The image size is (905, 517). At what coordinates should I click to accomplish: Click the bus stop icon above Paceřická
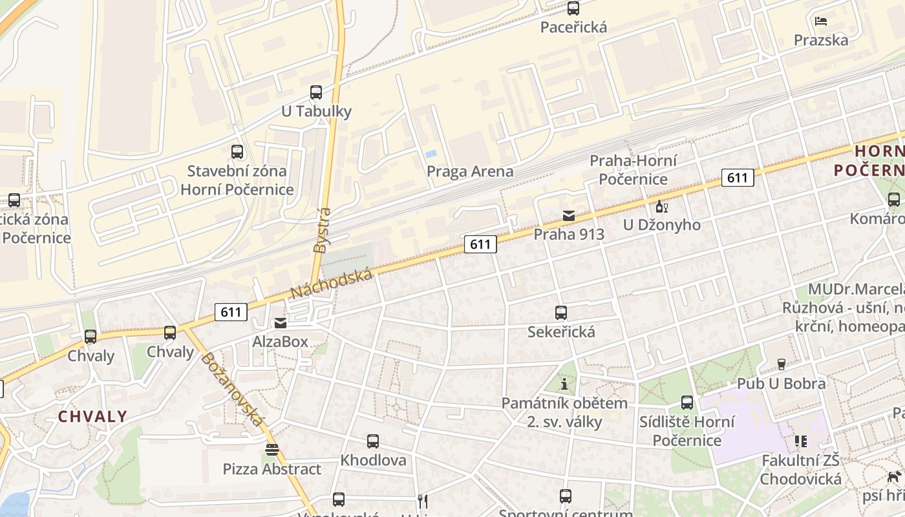(573, 8)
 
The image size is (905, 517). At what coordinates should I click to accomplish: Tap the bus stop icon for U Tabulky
(316, 92)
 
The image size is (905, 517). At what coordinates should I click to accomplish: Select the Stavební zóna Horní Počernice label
(237, 180)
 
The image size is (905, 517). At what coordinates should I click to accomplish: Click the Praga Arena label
(470, 171)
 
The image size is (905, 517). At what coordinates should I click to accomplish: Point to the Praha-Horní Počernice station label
(633, 170)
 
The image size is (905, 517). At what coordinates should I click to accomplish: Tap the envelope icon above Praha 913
(568, 215)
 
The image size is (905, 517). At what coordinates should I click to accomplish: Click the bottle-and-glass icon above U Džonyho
(661, 207)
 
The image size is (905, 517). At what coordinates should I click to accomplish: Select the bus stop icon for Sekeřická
(561, 313)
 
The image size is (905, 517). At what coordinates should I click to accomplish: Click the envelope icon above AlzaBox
(281, 322)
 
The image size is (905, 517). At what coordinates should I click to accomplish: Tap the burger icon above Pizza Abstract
(271, 450)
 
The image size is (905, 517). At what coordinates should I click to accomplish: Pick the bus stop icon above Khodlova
(373, 441)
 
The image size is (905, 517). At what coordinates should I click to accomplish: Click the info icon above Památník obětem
(564, 385)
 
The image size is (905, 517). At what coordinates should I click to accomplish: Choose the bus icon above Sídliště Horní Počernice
(687, 403)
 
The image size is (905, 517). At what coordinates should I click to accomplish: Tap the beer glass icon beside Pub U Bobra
(781, 364)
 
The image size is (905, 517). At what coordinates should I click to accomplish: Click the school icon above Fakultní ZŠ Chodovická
(801, 441)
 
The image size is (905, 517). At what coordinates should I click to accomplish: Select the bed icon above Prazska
(821, 21)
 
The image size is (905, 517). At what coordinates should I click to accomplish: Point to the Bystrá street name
(321, 230)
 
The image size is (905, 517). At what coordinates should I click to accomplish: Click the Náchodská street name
(332, 284)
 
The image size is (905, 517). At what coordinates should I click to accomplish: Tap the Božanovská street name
(233, 390)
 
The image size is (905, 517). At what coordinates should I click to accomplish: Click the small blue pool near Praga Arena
(431, 154)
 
